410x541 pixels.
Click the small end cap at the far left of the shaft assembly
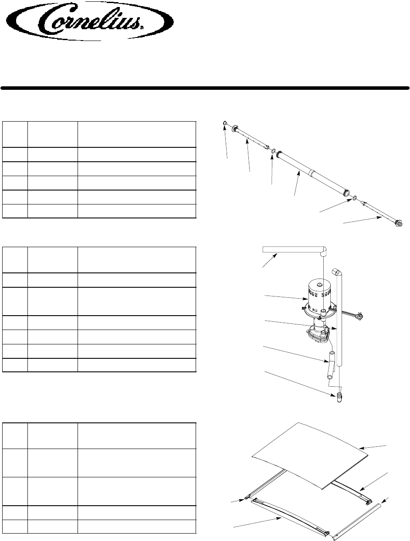point(224,123)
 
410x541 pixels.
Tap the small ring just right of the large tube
point(355,198)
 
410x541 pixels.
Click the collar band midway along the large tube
point(312,173)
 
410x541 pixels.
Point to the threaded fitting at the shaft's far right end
point(397,224)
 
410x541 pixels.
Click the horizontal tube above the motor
point(290,249)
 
